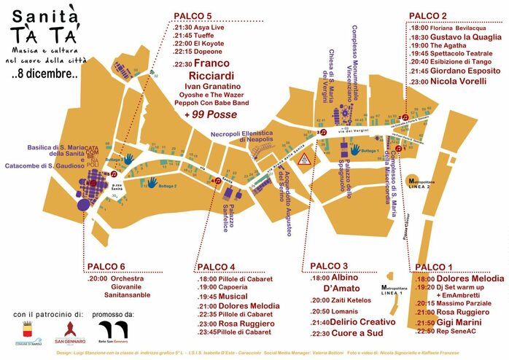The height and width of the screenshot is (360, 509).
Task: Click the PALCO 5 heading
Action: (x=193, y=16)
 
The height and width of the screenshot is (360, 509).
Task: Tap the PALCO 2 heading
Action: (x=428, y=16)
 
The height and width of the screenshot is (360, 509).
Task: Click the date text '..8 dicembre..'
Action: (x=44, y=74)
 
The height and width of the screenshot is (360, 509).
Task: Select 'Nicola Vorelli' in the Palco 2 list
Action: (x=451, y=82)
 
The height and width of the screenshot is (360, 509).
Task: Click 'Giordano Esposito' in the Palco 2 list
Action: (x=459, y=71)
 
